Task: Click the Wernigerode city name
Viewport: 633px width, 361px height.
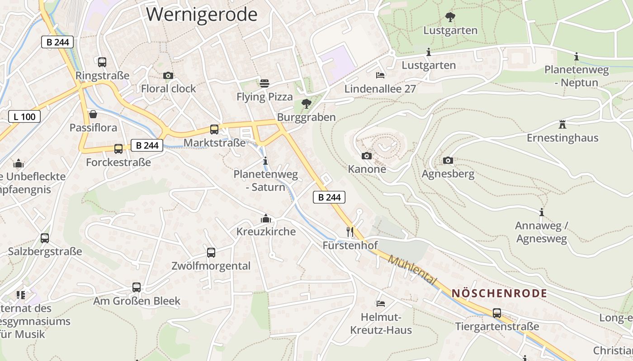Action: point(202,14)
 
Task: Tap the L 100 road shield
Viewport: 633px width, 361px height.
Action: point(24,116)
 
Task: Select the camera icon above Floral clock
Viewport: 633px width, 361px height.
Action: point(168,75)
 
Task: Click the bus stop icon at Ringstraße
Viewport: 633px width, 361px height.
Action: point(102,62)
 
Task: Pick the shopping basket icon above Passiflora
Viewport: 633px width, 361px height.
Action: point(93,114)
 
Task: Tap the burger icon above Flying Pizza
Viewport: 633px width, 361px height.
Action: point(265,83)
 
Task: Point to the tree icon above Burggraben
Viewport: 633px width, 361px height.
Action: point(306,104)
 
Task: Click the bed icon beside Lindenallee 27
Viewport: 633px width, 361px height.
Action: point(380,75)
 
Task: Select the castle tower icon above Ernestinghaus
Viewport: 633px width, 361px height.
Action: point(562,124)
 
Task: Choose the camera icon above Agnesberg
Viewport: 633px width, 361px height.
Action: point(448,160)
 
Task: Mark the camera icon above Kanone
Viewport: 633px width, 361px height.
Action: point(367,156)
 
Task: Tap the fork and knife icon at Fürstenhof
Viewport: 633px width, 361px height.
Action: point(350,232)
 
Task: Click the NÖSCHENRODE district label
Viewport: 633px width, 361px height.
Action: point(499,293)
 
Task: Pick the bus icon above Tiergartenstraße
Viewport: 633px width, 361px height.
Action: point(497,313)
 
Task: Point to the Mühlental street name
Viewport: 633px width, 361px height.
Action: point(413,270)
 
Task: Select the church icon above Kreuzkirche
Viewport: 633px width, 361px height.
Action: point(266,219)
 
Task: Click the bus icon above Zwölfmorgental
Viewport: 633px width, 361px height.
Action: point(211,253)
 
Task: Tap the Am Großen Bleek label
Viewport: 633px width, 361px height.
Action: point(137,301)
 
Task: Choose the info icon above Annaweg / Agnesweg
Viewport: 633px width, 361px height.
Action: point(542,212)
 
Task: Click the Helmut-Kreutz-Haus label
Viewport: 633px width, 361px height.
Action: point(381,324)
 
